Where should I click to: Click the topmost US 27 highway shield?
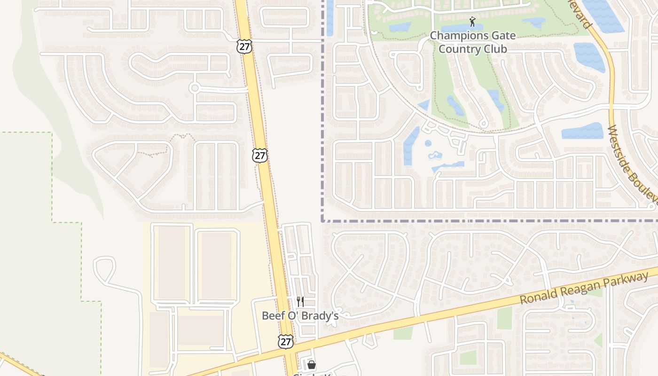point(244,47)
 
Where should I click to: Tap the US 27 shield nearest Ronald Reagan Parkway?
point(285,341)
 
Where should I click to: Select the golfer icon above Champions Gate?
point(472,22)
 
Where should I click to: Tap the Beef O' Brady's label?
point(300,316)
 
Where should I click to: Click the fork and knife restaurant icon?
point(300,301)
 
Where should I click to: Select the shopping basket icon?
point(311,364)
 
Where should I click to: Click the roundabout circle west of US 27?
point(195,87)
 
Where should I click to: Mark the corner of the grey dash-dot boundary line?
point(323,220)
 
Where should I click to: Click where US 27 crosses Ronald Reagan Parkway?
point(290,349)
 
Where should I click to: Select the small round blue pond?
point(428,143)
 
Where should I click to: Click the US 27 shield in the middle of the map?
point(259,156)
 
